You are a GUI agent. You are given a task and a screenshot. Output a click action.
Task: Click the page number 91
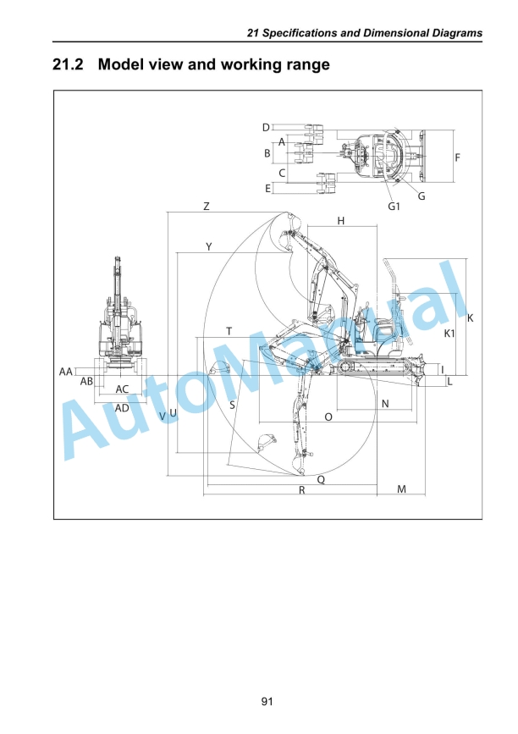pos(267,701)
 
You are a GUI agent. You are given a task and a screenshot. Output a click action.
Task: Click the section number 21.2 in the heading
pos(68,64)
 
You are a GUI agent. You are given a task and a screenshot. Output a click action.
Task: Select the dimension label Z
pos(207,206)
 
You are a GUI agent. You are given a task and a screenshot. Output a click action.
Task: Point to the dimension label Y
pos(209,246)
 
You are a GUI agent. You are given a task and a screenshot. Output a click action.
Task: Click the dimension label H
pos(340,220)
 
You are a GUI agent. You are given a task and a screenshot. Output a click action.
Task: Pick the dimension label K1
pos(449,334)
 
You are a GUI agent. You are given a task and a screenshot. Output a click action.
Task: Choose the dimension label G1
pos(394,206)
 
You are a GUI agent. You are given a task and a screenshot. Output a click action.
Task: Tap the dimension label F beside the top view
pos(458,157)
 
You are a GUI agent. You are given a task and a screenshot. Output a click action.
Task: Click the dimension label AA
pos(65,372)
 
